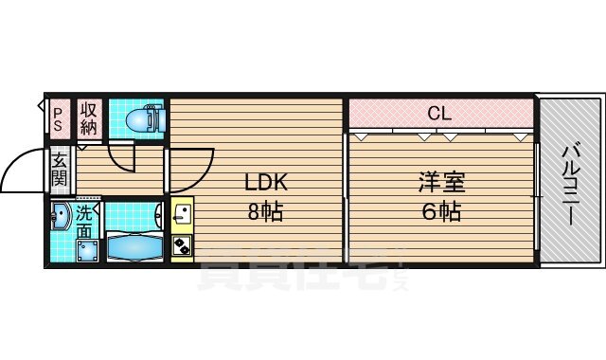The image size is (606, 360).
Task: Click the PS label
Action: pyautogui.click(x=58, y=117)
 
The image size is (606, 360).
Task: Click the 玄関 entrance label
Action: pyautogui.click(x=59, y=170)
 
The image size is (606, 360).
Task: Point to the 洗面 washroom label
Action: pyautogui.click(x=85, y=222)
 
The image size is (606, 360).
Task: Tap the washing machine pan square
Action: pyautogui.click(x=90, y=250)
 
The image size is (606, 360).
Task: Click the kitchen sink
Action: pyautogui.click(x=182, y=217)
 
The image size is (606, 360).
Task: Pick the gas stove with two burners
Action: pyautogui.click(x=182, y=247)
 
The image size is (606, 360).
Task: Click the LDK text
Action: pyautogui.click(x=266, y=182)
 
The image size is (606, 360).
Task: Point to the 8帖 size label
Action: pyautogui.click(x=266, y=211)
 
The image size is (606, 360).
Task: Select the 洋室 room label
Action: pyautogui.click(x=441, y=182)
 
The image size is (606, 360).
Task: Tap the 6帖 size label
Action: pyautogui.click(x=441, y=211)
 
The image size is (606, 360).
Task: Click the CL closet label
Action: pyautogui.click(x=438, y=115)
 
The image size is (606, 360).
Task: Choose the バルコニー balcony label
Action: pyautogui.click(x=571, y=185)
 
